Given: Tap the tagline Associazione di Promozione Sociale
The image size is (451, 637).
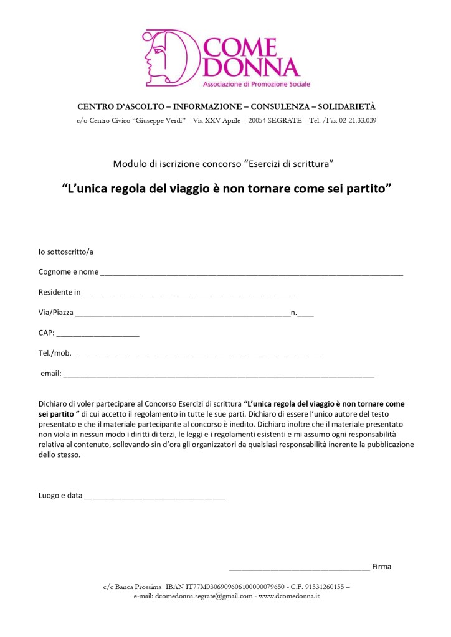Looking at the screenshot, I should click(257, 83).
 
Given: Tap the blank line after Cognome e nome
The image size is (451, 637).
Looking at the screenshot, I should click(251, 273).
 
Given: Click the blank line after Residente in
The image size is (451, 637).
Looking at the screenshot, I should click(188, 293).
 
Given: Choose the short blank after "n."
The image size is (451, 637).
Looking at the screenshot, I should click(306, 314).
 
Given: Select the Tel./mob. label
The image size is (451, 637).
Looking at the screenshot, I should click(55, 353).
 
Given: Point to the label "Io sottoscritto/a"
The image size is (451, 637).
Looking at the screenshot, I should click(66, 252).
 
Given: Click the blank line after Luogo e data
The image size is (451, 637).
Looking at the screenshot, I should click(154, 498).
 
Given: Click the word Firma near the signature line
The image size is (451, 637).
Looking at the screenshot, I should click(381, 567).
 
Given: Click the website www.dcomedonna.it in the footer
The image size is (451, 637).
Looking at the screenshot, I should click(289, 596).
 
